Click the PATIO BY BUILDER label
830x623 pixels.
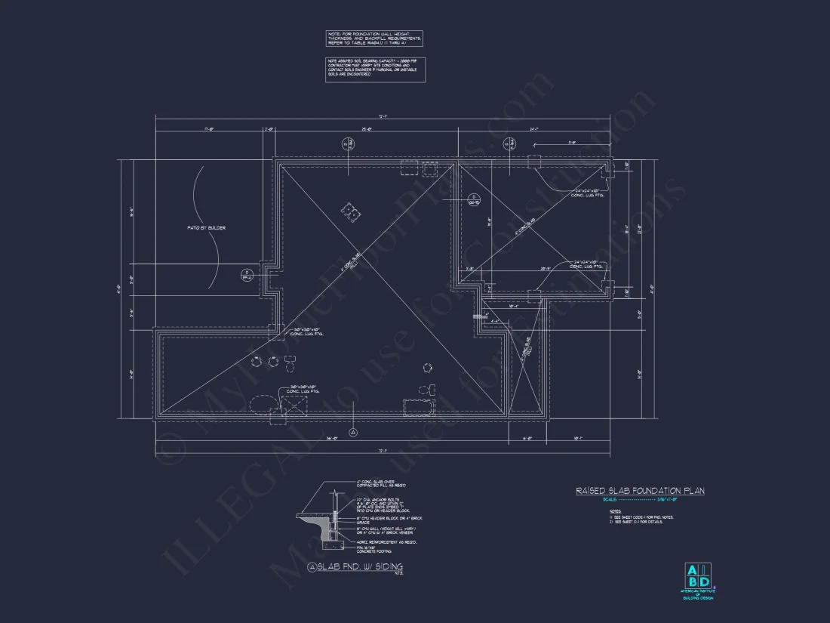click(x=207, y=227)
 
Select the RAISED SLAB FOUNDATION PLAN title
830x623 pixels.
click(x=640, y=491)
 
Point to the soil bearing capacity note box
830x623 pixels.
click(x=375, y=70)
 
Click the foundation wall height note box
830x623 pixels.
click(x=374, y=39)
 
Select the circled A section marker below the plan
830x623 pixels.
click(x=354, y=432)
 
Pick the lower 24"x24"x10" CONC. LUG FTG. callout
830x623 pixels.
click(x=587, y=265)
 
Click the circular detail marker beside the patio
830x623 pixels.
click(x=246, y=274)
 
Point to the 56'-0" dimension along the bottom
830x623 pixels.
click(x=330, y=438)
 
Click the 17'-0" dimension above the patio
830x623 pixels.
click(x=209, y=130)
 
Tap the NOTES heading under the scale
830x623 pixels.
click(x=615, y=511)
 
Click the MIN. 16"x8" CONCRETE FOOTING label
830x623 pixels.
click(x=375, y=549)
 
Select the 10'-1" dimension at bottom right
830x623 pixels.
click(x=577, y=438)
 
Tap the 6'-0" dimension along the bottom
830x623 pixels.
click(x=527, y=438)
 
